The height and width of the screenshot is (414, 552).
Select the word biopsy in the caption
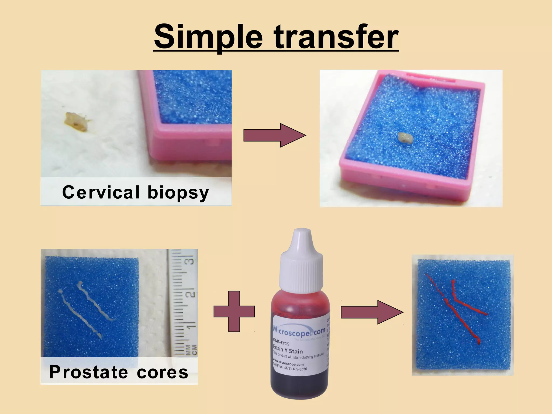pos(178,193)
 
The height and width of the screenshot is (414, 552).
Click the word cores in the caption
pos(162,372)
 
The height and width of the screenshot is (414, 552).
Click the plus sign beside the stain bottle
pos(234,311)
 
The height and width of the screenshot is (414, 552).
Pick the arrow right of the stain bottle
pos(372,312)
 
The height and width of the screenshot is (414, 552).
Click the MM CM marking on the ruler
pos(191,350)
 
